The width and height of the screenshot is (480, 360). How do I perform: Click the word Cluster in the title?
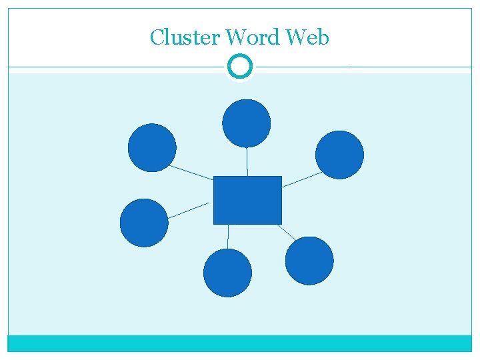click(182, 37)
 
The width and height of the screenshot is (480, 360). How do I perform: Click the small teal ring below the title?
click(239, 66)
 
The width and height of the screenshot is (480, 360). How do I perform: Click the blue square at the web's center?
click(247, 200)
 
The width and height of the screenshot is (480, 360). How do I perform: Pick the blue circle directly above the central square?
click(246, 123)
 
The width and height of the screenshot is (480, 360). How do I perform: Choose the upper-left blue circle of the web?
click(152, 147)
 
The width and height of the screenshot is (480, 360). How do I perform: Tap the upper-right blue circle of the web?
click(339, 155)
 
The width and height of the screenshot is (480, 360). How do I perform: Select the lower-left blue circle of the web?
click(144, 223)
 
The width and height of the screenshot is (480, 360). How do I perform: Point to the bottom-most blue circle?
click(227, 272)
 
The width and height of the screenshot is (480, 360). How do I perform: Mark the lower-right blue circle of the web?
click(309, 261)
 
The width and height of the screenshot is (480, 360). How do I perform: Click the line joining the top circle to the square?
click(247, 161)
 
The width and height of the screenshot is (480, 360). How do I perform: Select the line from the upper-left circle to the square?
click(191, 173)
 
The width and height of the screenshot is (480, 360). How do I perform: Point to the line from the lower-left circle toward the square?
click(189, 210)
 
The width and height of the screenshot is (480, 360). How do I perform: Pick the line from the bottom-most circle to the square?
click(228, 236)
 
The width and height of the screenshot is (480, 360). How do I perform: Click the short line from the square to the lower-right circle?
click(286, 232)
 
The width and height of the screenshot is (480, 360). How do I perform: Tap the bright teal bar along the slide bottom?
click(239, 343)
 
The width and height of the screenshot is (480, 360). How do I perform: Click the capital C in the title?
click(157, 37)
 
